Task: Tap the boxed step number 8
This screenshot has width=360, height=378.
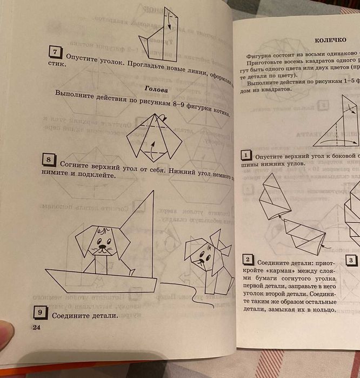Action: pyautogui.click(x=49, y=160)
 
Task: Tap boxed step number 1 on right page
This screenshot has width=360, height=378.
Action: pyautogui.click(x=246, y=156)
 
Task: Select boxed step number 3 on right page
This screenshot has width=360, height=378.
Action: pyautogui.click(x=350, y=261)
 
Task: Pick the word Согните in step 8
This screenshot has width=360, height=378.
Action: pyautogui.click(x=78, y=163)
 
